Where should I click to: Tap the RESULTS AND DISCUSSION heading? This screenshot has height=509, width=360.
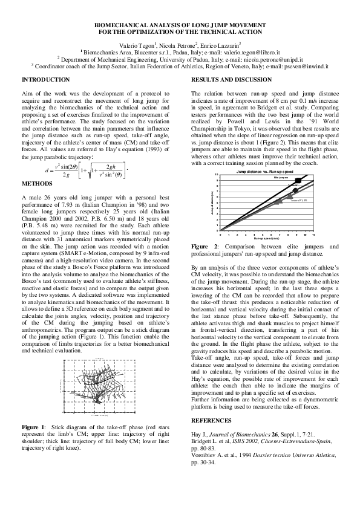pos(228,80)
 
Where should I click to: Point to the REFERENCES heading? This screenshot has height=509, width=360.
pos(211,420)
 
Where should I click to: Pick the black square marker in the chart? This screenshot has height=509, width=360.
pos(297,181)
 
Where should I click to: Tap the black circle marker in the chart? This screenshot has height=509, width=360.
pos(295,191)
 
